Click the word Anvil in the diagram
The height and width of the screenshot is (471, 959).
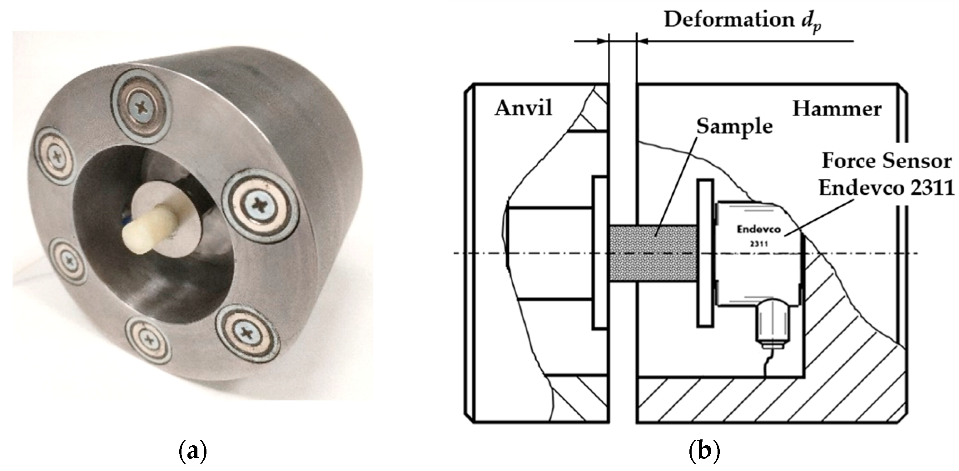(x=523, y=109)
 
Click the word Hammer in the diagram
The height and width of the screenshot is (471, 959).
(x=837, y=109)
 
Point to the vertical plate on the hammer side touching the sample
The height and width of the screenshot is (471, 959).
(x=705, y=253)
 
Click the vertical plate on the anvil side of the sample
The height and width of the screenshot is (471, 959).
(x=600, y=253)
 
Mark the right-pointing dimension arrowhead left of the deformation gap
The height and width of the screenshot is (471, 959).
(x=603, y=41)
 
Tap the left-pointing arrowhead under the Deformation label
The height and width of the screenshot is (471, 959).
(x=643, y=41)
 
